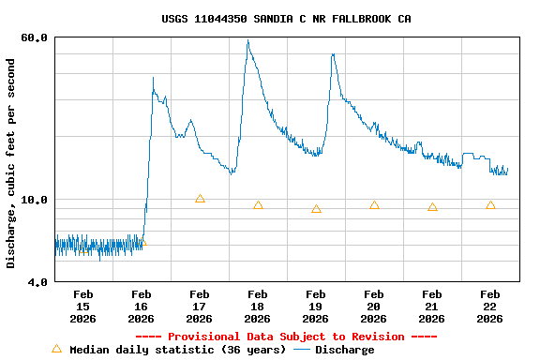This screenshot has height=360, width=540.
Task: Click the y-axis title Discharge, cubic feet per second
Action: pos(11,163)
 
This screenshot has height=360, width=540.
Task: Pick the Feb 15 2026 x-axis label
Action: pos(82,307)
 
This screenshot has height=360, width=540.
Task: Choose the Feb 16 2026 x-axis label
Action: pos(141,307)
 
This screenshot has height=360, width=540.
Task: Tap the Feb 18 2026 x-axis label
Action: pos(257,307)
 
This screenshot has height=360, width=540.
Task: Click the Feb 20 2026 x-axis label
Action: pos(373,307)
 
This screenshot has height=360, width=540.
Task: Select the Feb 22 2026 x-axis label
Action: pos(489,307)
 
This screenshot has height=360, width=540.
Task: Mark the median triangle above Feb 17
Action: pos(200,199)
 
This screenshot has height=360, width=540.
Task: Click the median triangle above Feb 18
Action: pos(258,205)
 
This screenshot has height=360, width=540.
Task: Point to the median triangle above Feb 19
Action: pos(316,209)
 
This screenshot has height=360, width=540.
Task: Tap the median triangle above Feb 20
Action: pos(374,205)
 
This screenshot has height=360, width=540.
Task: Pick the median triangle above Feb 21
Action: pos(432,207)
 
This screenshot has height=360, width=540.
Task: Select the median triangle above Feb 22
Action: pos(490,205)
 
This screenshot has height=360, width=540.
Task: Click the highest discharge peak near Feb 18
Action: pos(247,40)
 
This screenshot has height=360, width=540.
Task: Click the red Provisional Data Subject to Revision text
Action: pos(286,337)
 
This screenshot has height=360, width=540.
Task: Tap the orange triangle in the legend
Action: pos(56,349)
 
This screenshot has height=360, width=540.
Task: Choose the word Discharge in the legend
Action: pos(344,350)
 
